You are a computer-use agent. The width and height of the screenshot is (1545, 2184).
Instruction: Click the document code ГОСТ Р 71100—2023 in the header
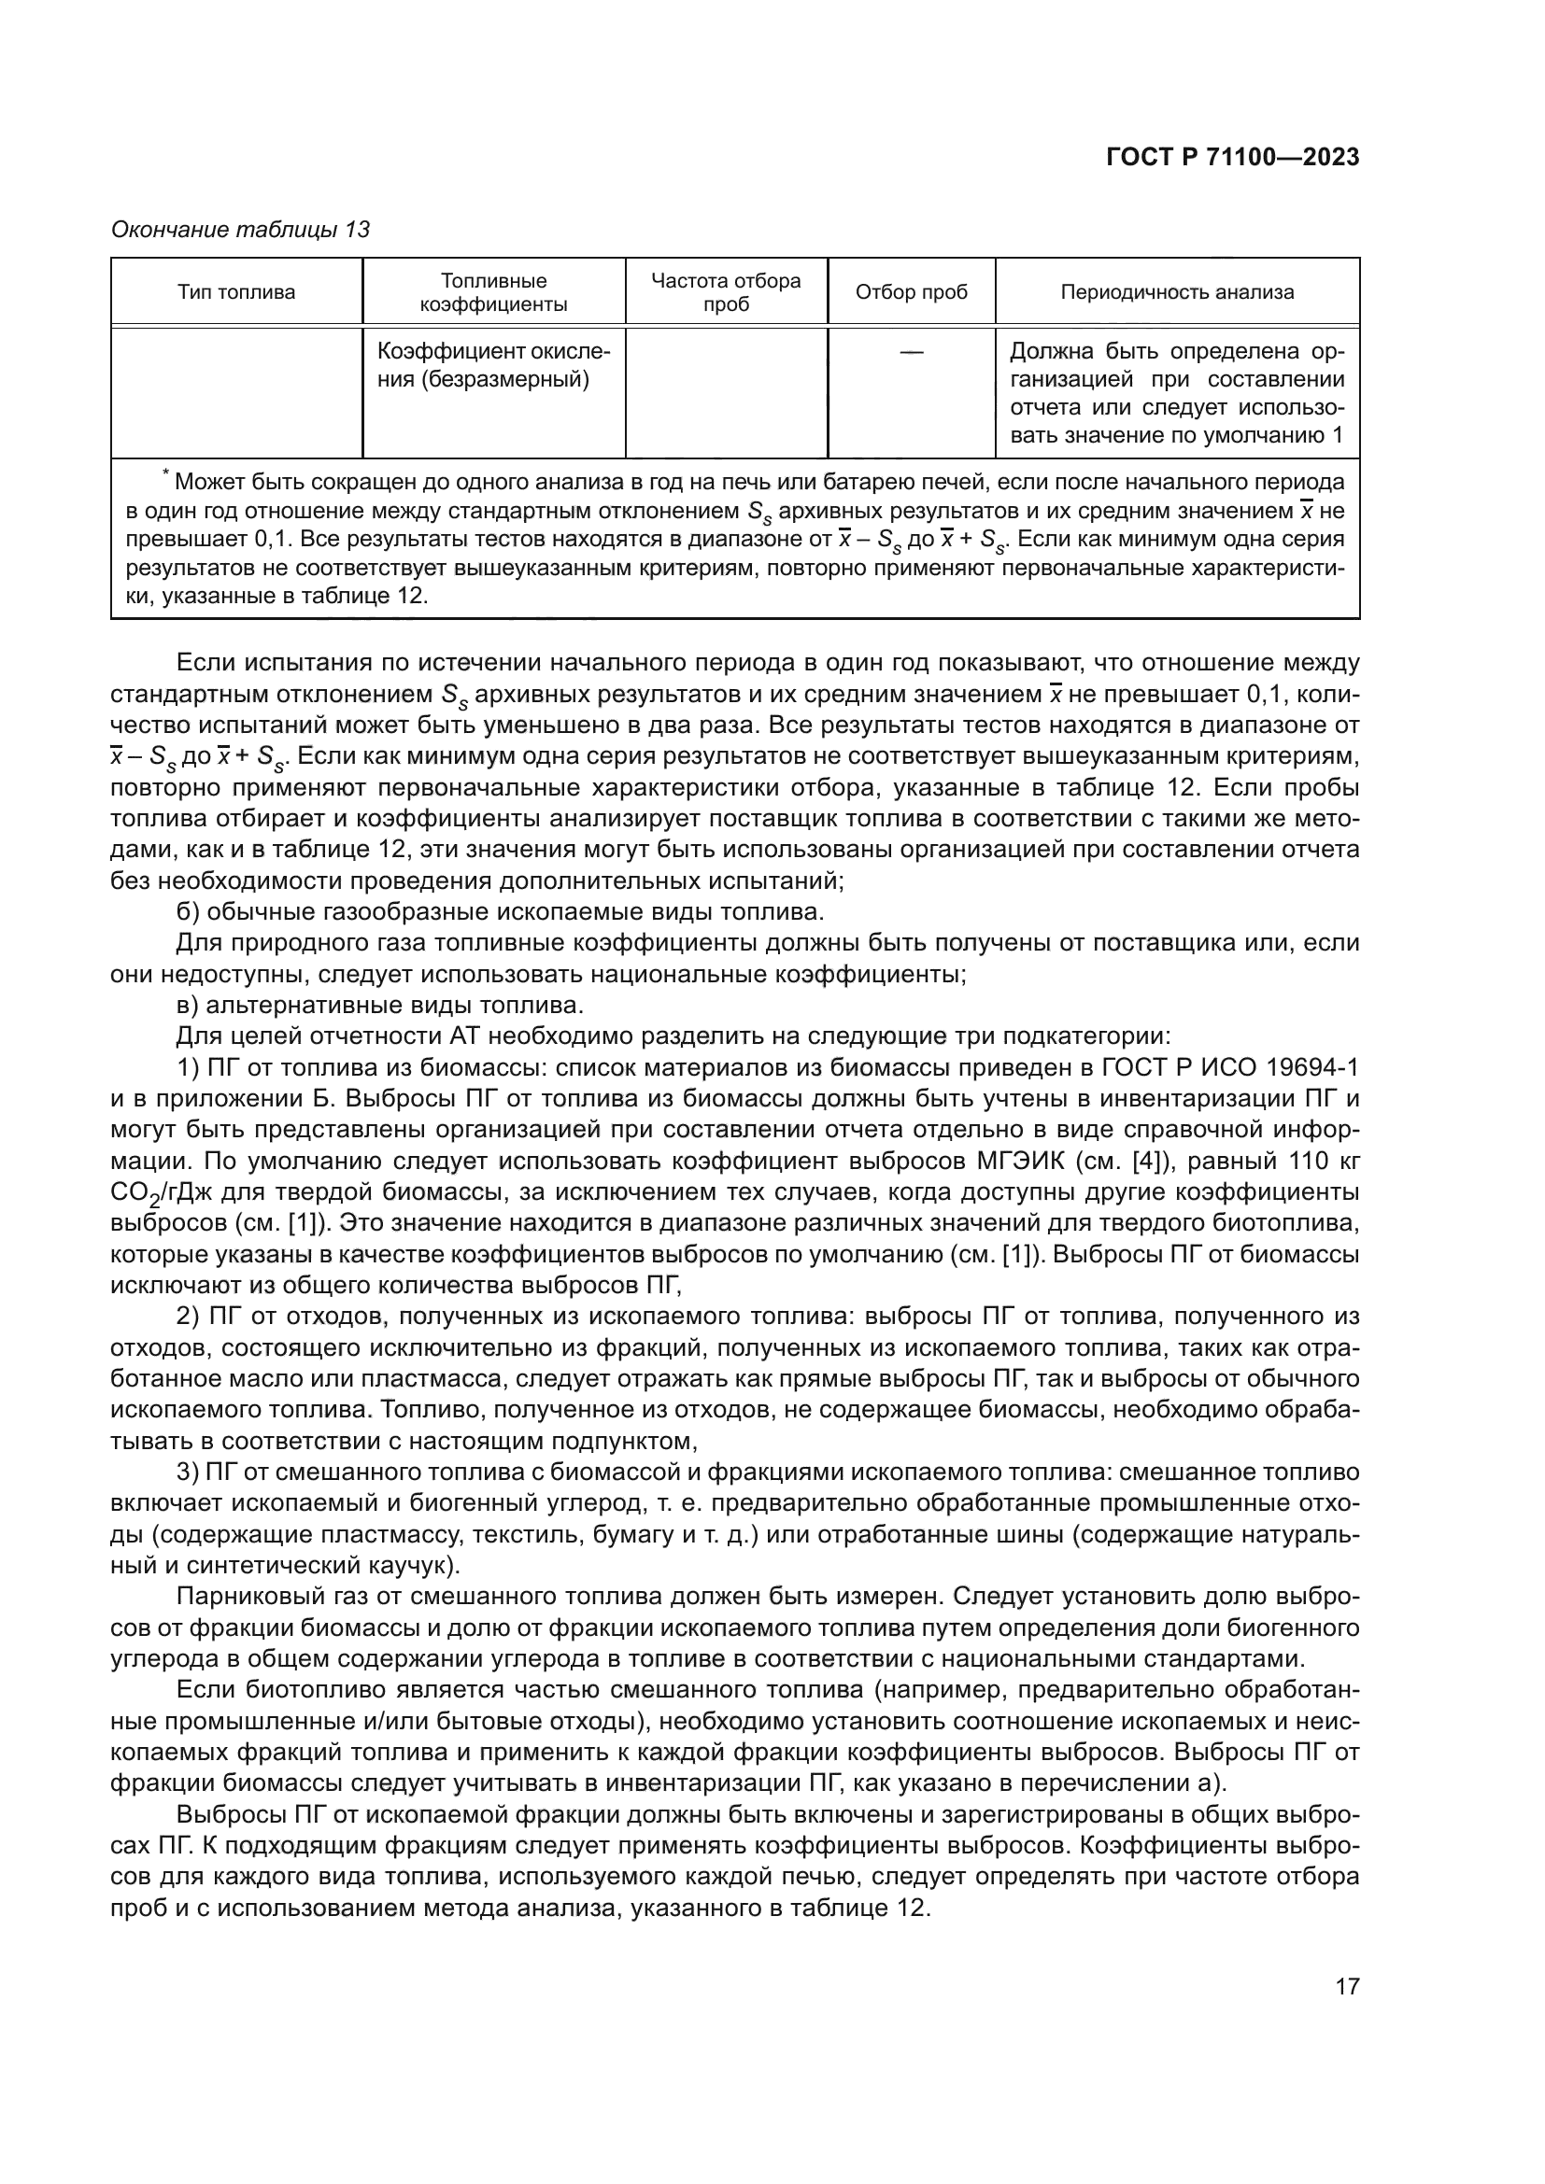(x=1232, y=158)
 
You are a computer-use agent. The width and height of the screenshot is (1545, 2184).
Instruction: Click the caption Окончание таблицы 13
(x=240, y=230)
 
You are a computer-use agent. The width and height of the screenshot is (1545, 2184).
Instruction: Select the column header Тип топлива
(x=236, y=292)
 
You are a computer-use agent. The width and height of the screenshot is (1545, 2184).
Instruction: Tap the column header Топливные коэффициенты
(x=493, y=292)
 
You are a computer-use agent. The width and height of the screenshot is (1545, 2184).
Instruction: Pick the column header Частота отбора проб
(x=726, y=292)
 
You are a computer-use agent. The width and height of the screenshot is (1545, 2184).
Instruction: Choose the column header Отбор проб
(x=911, y=292)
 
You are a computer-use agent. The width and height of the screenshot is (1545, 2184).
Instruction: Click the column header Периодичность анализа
(x=1177, y=292)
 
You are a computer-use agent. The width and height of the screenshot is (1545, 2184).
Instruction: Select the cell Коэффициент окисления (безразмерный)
(x=493, y=365)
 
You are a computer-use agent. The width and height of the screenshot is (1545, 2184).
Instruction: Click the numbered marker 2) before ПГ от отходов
(x=188, y=1317)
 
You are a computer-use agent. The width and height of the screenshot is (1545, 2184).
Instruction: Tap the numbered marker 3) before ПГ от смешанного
(x=188, y=1472)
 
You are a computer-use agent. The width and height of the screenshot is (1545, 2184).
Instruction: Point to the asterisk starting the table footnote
(x=165, y=474)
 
